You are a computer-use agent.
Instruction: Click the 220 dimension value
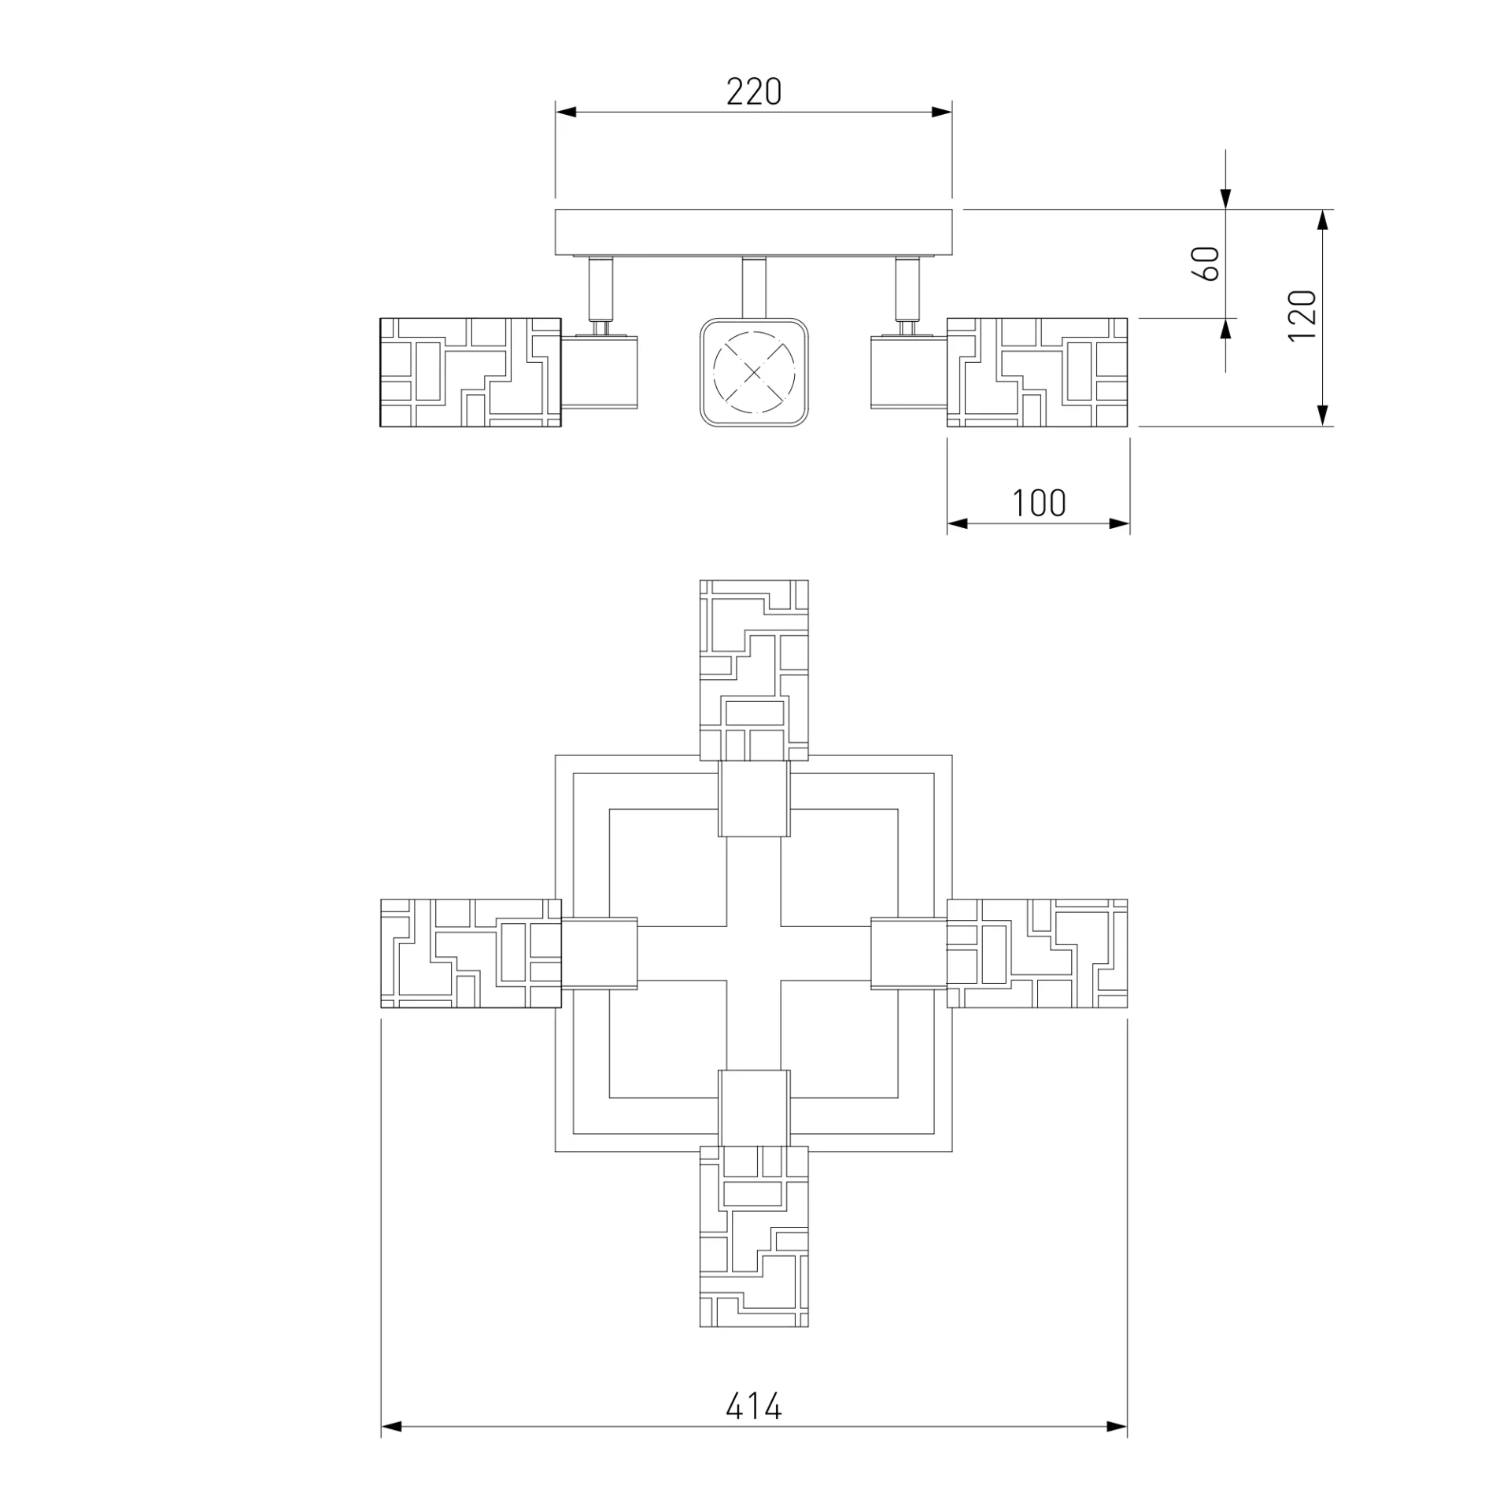754,92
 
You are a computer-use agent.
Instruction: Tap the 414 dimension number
754,1406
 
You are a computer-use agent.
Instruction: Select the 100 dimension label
1039,504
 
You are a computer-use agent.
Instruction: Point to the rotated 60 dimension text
1206,264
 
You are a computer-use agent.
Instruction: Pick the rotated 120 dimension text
1302,316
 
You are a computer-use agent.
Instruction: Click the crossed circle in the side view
754,372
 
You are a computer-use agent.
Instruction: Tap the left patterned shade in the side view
471,372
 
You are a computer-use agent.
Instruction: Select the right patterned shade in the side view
1037,372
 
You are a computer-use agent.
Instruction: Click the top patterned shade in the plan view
754,671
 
